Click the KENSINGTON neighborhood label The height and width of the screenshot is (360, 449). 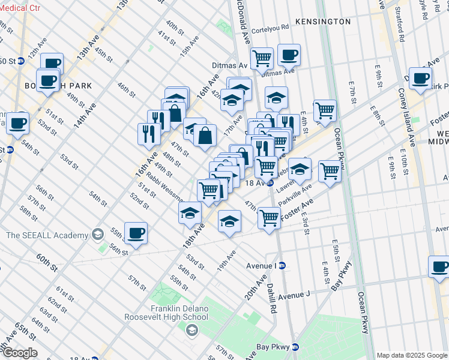coord(323,22)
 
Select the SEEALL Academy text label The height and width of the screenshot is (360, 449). coord(46,235)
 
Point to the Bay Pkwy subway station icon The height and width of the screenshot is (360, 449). coord(295,347)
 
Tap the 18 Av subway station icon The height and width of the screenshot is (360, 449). coord(271,182)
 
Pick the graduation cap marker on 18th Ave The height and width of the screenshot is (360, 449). coord(190,214)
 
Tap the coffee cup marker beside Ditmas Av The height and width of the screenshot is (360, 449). coord(289,55)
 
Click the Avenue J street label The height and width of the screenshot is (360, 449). coord(294,295)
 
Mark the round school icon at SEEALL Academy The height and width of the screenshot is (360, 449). coord(97,235)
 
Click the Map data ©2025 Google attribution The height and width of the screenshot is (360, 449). coord(412,355)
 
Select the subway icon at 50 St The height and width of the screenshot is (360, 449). coord(20,61)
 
